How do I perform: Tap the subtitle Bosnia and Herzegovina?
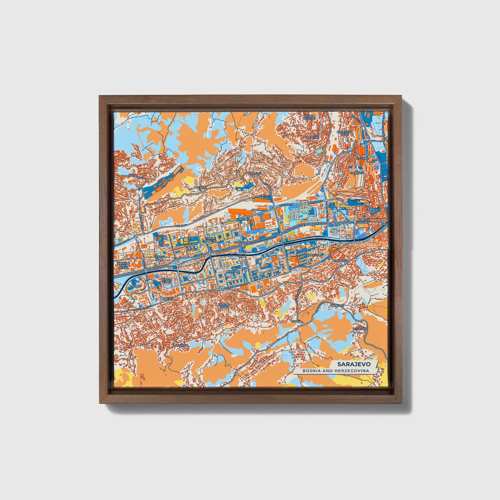(x=335, y=371)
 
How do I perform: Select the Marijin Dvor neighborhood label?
(x=364, y=221)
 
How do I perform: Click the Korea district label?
(x=241, y=219)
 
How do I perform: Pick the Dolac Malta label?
(x=211, y=240)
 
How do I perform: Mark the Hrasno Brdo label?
(x=223, y=306)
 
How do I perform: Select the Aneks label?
(x=167, y=298)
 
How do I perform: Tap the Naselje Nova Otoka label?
(x=123, y=265)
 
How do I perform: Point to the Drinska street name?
(x=181, y=226)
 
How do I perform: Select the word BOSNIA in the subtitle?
(x=310, y=371)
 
